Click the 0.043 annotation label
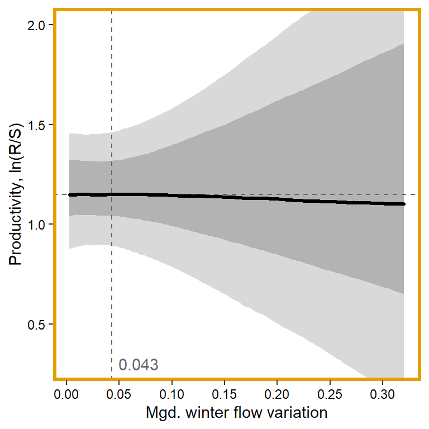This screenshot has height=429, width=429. click(139, 365)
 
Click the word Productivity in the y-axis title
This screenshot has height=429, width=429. click(16, 224)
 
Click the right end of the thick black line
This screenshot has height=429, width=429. click(403, 204)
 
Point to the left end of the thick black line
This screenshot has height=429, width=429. click(70, 195)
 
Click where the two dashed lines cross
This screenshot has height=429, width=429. click(112, 194)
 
